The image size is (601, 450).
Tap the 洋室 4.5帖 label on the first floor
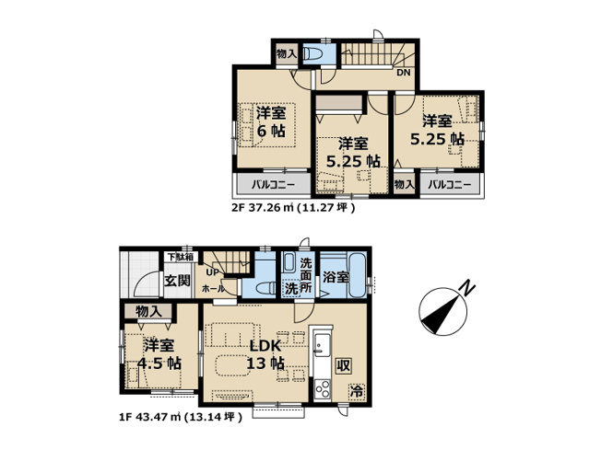click(x=159, y=354)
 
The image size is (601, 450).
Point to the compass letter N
click(x=469, y=288)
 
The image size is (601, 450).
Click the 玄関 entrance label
click(x=179, y=281)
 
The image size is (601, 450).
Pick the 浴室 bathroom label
click(x=336, y=277)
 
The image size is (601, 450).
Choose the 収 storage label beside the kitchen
click(x=342, y=363)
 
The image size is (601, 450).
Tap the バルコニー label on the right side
click(x=450, y=184)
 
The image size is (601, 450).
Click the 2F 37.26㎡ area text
click(x=292, y=208)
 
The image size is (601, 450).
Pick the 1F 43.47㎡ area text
click(x=180, y=417)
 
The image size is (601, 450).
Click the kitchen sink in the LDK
click(x=323, y=347)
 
